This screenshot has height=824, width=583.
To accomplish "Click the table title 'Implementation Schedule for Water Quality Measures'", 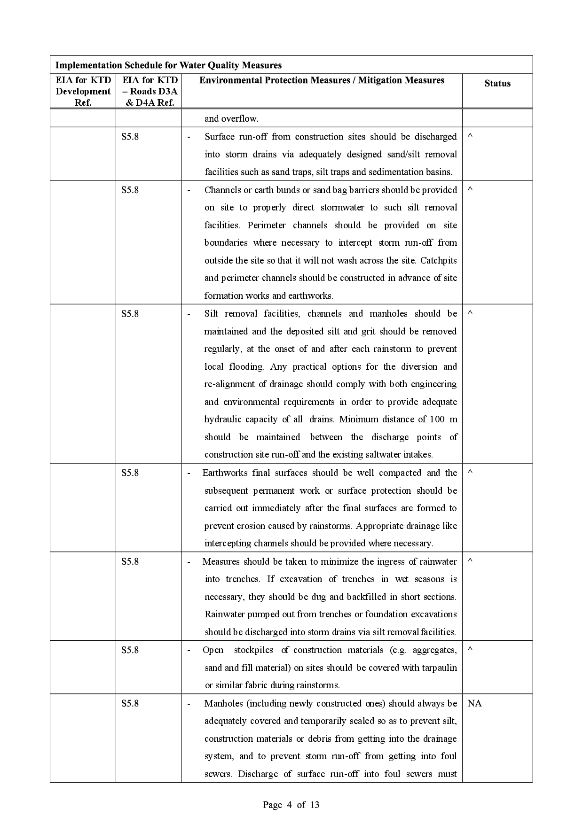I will [168, 65].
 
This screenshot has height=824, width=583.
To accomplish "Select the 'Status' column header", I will [497, 84].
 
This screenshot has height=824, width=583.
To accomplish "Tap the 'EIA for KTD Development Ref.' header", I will [83, 91].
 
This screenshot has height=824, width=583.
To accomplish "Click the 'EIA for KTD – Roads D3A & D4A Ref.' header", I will [150, 91].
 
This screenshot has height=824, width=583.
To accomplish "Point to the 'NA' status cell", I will [475, 703].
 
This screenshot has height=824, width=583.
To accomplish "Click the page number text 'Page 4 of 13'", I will [291, 805].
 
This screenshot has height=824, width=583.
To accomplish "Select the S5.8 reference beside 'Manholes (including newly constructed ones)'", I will [130, 703].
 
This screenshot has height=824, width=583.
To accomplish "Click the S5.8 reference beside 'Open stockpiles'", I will [130, 650].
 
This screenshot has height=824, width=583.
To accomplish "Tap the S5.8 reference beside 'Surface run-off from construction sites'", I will [130, 137].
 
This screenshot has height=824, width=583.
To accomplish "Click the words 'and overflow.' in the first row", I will [231, 118].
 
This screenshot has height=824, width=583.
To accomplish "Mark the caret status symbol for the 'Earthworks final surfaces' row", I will [470, 471].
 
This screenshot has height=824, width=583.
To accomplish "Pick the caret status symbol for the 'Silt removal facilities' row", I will [470, 312].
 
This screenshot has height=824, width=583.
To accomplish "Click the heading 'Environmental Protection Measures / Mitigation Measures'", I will [322, 80].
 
